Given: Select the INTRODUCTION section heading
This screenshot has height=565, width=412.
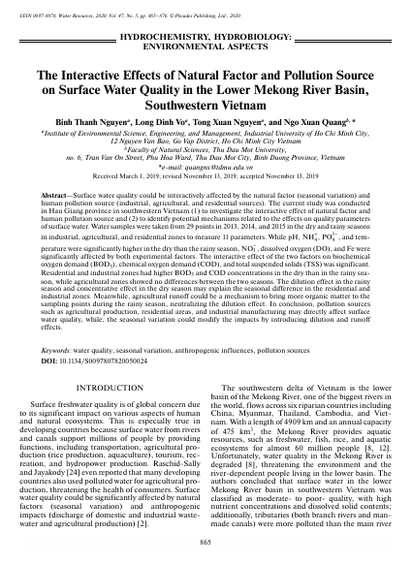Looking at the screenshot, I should tap(106, 358).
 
